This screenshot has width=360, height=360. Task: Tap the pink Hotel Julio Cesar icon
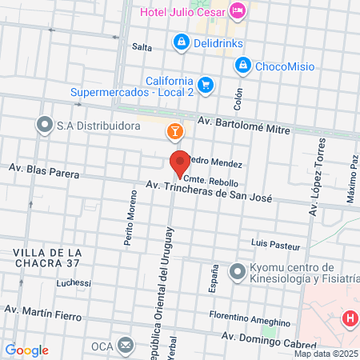(238, 11)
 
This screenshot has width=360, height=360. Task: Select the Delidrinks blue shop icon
(182, 41)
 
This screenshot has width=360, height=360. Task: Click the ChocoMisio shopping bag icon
(245, 66)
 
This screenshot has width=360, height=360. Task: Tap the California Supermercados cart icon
(206, 85)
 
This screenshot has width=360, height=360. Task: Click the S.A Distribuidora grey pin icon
(43, 125)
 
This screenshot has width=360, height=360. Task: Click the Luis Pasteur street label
(275, 243)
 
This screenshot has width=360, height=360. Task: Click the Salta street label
(142, 47)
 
